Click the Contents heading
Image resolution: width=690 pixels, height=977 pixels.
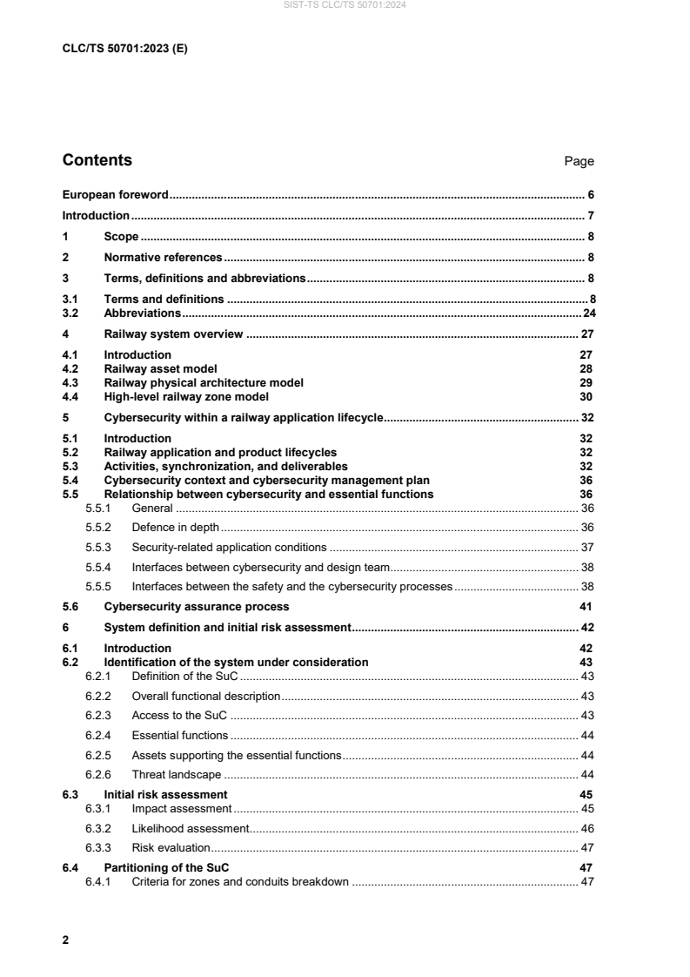(x=97, y=160)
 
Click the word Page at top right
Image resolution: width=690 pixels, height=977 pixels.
(x=579, y=161)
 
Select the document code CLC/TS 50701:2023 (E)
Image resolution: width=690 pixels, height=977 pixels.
(x=124, y=49)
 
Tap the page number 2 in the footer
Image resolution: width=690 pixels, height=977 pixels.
(x=66, y=941)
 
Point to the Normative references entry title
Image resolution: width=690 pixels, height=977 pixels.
(x=163, y=258)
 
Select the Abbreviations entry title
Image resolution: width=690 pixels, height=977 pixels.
(x=142, y=313)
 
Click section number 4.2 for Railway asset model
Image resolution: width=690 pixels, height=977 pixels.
(x=71, y=368)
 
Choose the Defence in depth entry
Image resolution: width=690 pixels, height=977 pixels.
(x=175, y=528)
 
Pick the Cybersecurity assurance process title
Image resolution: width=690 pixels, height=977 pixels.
(x=197, y=606)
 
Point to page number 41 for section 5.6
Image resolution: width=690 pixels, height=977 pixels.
(x=586, y=606)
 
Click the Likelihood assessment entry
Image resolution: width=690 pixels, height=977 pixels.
(x=191, y=828)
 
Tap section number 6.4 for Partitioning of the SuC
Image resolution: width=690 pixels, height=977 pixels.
(x=71, y=868)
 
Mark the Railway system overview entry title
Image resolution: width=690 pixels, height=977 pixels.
(x=173, y=334)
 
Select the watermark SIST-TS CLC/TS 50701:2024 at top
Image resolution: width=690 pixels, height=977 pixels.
(x=345, y=6)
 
